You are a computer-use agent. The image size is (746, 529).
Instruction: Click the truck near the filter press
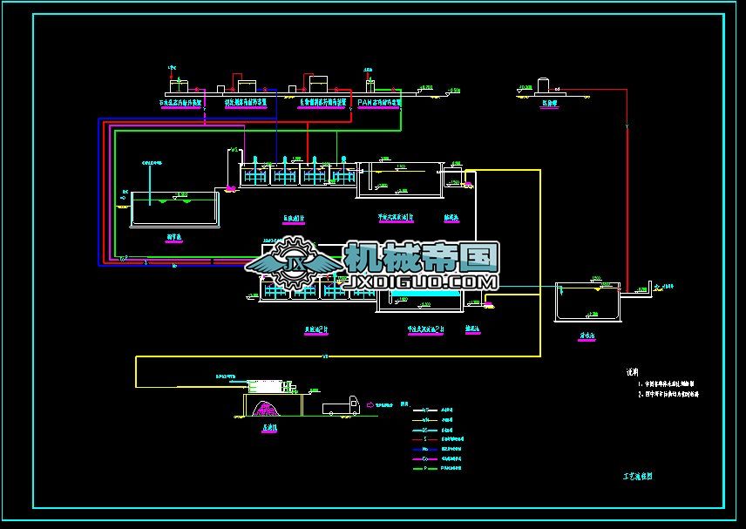341,405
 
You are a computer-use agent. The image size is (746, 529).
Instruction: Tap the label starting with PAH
379,102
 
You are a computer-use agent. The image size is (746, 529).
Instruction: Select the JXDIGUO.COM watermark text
422,281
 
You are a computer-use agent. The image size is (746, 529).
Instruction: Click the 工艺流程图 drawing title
638,477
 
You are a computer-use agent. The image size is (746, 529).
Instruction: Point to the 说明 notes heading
633,371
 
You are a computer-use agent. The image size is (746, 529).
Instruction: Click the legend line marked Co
424,458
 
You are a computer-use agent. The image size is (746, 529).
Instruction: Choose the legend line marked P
424,468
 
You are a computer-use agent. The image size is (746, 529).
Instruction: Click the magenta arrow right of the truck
370,404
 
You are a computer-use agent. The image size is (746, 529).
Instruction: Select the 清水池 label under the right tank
587,333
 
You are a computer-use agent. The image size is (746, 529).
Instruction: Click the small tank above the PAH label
370,85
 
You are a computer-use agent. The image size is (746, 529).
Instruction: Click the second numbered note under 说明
668,394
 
